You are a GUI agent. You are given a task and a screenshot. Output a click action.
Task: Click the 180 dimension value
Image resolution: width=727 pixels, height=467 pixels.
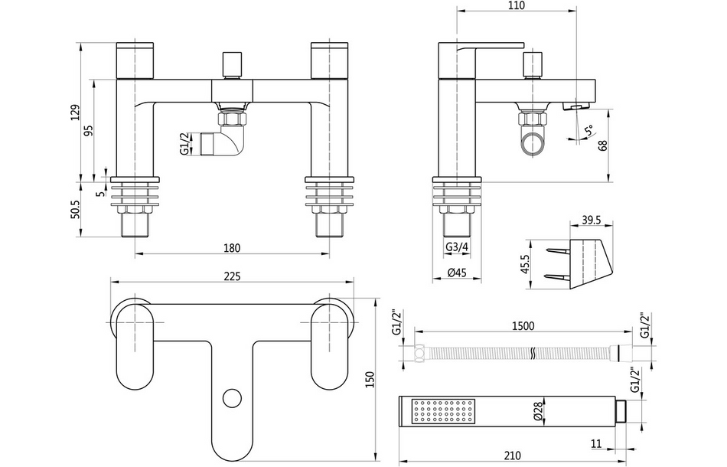(x=233, y=247)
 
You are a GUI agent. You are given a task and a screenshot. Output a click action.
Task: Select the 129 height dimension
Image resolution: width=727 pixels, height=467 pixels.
(x=75, y=113)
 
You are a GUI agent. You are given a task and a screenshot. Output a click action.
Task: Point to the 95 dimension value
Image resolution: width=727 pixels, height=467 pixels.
(x=89, y=130)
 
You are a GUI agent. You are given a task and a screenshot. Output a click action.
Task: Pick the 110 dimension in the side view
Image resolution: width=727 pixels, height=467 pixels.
(x=517, y=5)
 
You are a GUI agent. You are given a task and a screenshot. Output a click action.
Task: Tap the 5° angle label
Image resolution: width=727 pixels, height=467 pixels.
(x=588, y=132)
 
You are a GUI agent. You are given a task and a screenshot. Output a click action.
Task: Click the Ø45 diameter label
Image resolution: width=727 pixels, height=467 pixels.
(x=458, y=273)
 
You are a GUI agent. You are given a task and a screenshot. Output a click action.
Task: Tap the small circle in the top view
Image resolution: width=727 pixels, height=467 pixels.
(x=230, y=398)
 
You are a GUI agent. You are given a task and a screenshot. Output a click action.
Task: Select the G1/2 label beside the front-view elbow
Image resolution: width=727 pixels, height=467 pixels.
(x=184, y=143)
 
